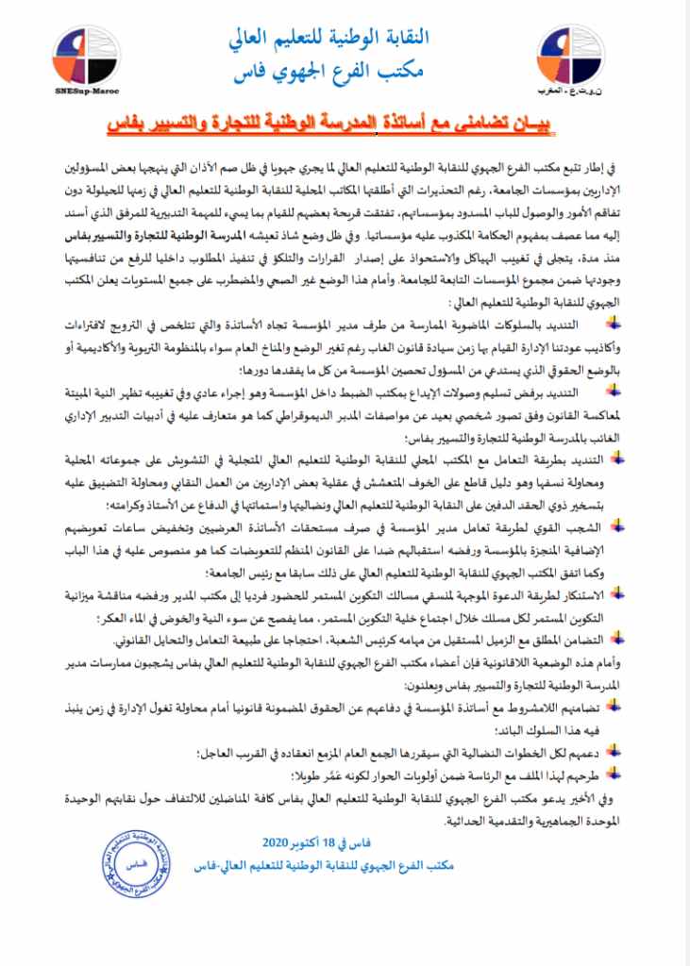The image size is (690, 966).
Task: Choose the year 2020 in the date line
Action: coord(284,841)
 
